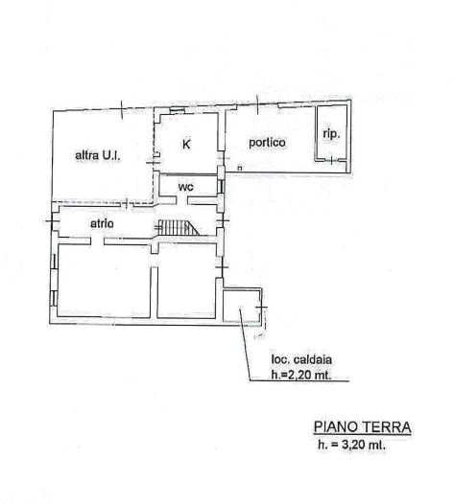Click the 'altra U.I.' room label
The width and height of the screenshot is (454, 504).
point(98,155)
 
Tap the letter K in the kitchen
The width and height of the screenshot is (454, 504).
point(186,145)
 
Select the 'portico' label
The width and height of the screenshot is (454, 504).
point(267,143)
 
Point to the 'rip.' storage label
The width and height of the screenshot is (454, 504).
point(331,134)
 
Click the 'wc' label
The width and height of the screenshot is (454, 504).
point(186,187)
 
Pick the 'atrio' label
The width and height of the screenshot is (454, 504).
point(102,223)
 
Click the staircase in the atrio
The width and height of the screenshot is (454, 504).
point(178,227)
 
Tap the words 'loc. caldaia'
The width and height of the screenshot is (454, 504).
point(301,359)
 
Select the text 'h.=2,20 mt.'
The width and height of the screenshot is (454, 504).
point(301,375)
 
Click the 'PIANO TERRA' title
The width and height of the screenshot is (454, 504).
point(363,426)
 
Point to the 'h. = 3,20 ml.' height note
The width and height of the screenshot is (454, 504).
point(351,445)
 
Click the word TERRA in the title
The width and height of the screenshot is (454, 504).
point(387,426)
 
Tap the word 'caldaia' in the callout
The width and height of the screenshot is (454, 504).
point(313,359)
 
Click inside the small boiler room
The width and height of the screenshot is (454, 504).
point(242,306)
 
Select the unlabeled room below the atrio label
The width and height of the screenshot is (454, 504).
point(104,278)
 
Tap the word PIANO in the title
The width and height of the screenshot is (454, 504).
point(336,426)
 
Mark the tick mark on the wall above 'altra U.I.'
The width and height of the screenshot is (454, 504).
point(122,109)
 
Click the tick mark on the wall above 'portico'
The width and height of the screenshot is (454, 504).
point(257,104)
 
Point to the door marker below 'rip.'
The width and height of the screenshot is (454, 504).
point(332,160)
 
